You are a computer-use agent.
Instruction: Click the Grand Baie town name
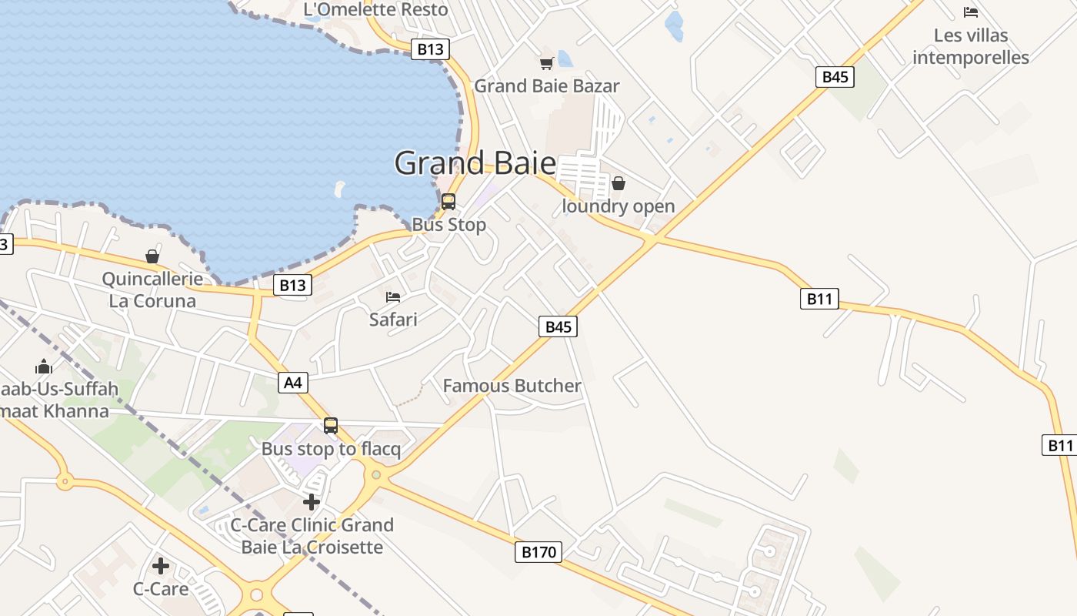pyautogui.click(x=475, y=163)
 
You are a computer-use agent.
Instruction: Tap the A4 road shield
pyautogui.click(x=293, y=382)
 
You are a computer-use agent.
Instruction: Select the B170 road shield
pyautogui.click(x=538, y=551)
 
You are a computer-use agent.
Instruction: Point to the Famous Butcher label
pyautogui.click(x=512, y=386)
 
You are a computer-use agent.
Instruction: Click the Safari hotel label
pyautogui.click(x=393, y=319)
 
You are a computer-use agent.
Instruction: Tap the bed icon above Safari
pyautogui.click(x=393, y=297)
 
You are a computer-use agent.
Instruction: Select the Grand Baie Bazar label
pyautogui.click(x=546, y=85)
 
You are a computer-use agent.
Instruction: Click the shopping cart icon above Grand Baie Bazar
pyautogui.click(x=546, y=63)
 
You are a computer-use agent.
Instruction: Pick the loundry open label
pyautogui.click(x=619, y=206)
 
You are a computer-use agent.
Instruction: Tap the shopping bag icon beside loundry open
pyautogui.click(x=619, y=183)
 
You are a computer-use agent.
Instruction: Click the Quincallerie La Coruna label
pyautogui.click(x=152, y=290)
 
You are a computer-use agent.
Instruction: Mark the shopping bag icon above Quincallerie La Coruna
pyautogui.click(x=152, y=256)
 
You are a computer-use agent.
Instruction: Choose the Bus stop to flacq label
pyautogui.click(x=331, y=449)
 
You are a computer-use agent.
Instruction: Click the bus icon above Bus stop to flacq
pyautogui.click(x=331, y=425)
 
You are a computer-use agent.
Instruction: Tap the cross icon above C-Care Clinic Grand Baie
pyautogui.click(x=312, y=503)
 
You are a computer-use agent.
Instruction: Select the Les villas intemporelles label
pyautogui.click(x=971, y=46)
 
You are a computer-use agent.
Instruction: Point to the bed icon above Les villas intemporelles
pyautogui.click(x=971, y=12)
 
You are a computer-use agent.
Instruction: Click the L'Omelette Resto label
pyautogui.click(x=375, y=9)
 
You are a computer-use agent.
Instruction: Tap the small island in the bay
pyautogui.click(x=339, y=188)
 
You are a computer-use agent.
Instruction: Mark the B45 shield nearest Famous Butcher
pyautogui.click(x=559, y=326)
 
